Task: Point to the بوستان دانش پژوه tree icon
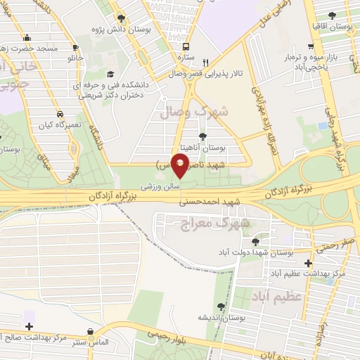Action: pos(122,19)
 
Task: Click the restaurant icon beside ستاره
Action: pos(205,61)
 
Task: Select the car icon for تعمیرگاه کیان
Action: pos(61,113)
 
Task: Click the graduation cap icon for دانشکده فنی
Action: pos(109,74)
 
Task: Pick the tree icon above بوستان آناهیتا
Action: pos(203,136)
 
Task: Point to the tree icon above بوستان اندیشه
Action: pos(221,305)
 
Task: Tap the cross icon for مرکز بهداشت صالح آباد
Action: pos(29,327)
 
